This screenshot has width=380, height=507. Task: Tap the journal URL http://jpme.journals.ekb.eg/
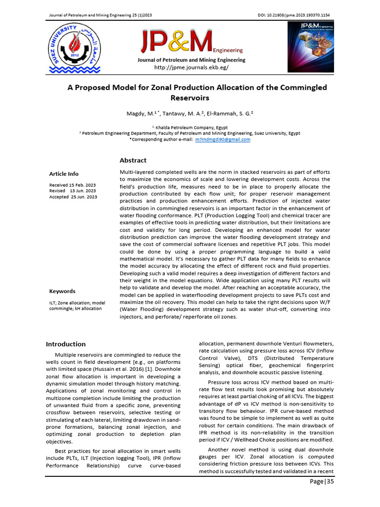click(191, 67)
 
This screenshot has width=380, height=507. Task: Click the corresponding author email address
click(223, 140)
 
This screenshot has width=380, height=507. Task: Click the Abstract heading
click(133, 160)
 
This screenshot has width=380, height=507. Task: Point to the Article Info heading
click(63, 174)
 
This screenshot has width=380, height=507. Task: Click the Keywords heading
click(62, 291)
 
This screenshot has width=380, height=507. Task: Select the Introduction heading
click(66, 344)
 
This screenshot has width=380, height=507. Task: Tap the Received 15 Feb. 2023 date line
click(72, 185)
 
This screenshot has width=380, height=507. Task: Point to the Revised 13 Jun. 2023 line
click(72, 191)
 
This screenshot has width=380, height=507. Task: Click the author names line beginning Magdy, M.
click(190, 113)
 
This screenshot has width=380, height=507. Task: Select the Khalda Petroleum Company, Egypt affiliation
click(190, 127)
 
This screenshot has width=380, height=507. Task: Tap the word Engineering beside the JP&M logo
click(228, 51)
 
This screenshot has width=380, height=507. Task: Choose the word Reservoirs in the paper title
click(190, 98)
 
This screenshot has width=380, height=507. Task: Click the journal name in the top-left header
click(99, 16)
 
